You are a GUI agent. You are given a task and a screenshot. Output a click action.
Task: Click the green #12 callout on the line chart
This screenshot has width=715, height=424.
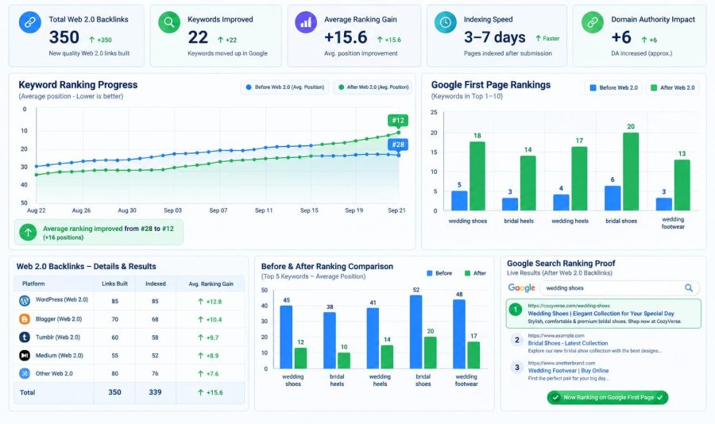click(398, 121)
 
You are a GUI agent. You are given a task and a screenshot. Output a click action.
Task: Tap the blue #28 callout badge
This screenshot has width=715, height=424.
click(398, 145)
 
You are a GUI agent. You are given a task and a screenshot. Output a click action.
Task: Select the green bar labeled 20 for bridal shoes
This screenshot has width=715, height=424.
click(631, 172)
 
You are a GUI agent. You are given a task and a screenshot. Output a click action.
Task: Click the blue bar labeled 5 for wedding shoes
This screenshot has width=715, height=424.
click(459, 201)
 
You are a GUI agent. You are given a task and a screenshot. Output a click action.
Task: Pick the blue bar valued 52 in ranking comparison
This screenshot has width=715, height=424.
click(415, 332)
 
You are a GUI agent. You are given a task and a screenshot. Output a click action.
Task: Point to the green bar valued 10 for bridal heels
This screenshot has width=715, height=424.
click(344, 360)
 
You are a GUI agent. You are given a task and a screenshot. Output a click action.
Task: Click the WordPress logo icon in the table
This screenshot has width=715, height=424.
click(25, 300)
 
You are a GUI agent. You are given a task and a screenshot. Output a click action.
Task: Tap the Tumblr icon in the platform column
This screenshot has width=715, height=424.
click(25, 337)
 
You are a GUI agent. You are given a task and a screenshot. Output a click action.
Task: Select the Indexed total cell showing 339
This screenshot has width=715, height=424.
click(155, 392)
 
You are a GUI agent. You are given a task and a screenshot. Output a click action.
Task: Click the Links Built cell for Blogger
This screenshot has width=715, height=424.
click(115, 319)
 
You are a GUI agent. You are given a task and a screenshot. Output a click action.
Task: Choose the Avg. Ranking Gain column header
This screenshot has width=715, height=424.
click(211, 283)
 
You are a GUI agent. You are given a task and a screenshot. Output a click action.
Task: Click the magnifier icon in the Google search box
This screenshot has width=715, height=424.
click(689, 287)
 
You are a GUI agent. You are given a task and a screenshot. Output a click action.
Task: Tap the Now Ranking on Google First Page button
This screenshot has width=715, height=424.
click(608, 398)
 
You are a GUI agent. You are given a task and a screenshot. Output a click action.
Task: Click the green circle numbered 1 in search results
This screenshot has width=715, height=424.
click(516, 310)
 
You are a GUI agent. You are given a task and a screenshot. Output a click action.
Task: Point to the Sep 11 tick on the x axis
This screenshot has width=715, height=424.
click(264, 210)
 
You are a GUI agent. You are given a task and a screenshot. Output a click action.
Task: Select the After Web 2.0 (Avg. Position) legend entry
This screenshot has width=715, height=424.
click(373, 87)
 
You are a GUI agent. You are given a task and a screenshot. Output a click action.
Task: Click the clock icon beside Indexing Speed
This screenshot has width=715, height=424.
click(446, 22)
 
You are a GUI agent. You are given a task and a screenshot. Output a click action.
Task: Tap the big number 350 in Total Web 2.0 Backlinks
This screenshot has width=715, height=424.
click(64, 37)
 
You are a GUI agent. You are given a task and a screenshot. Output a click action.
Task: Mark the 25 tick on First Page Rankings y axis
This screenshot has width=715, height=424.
click(434, 112)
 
